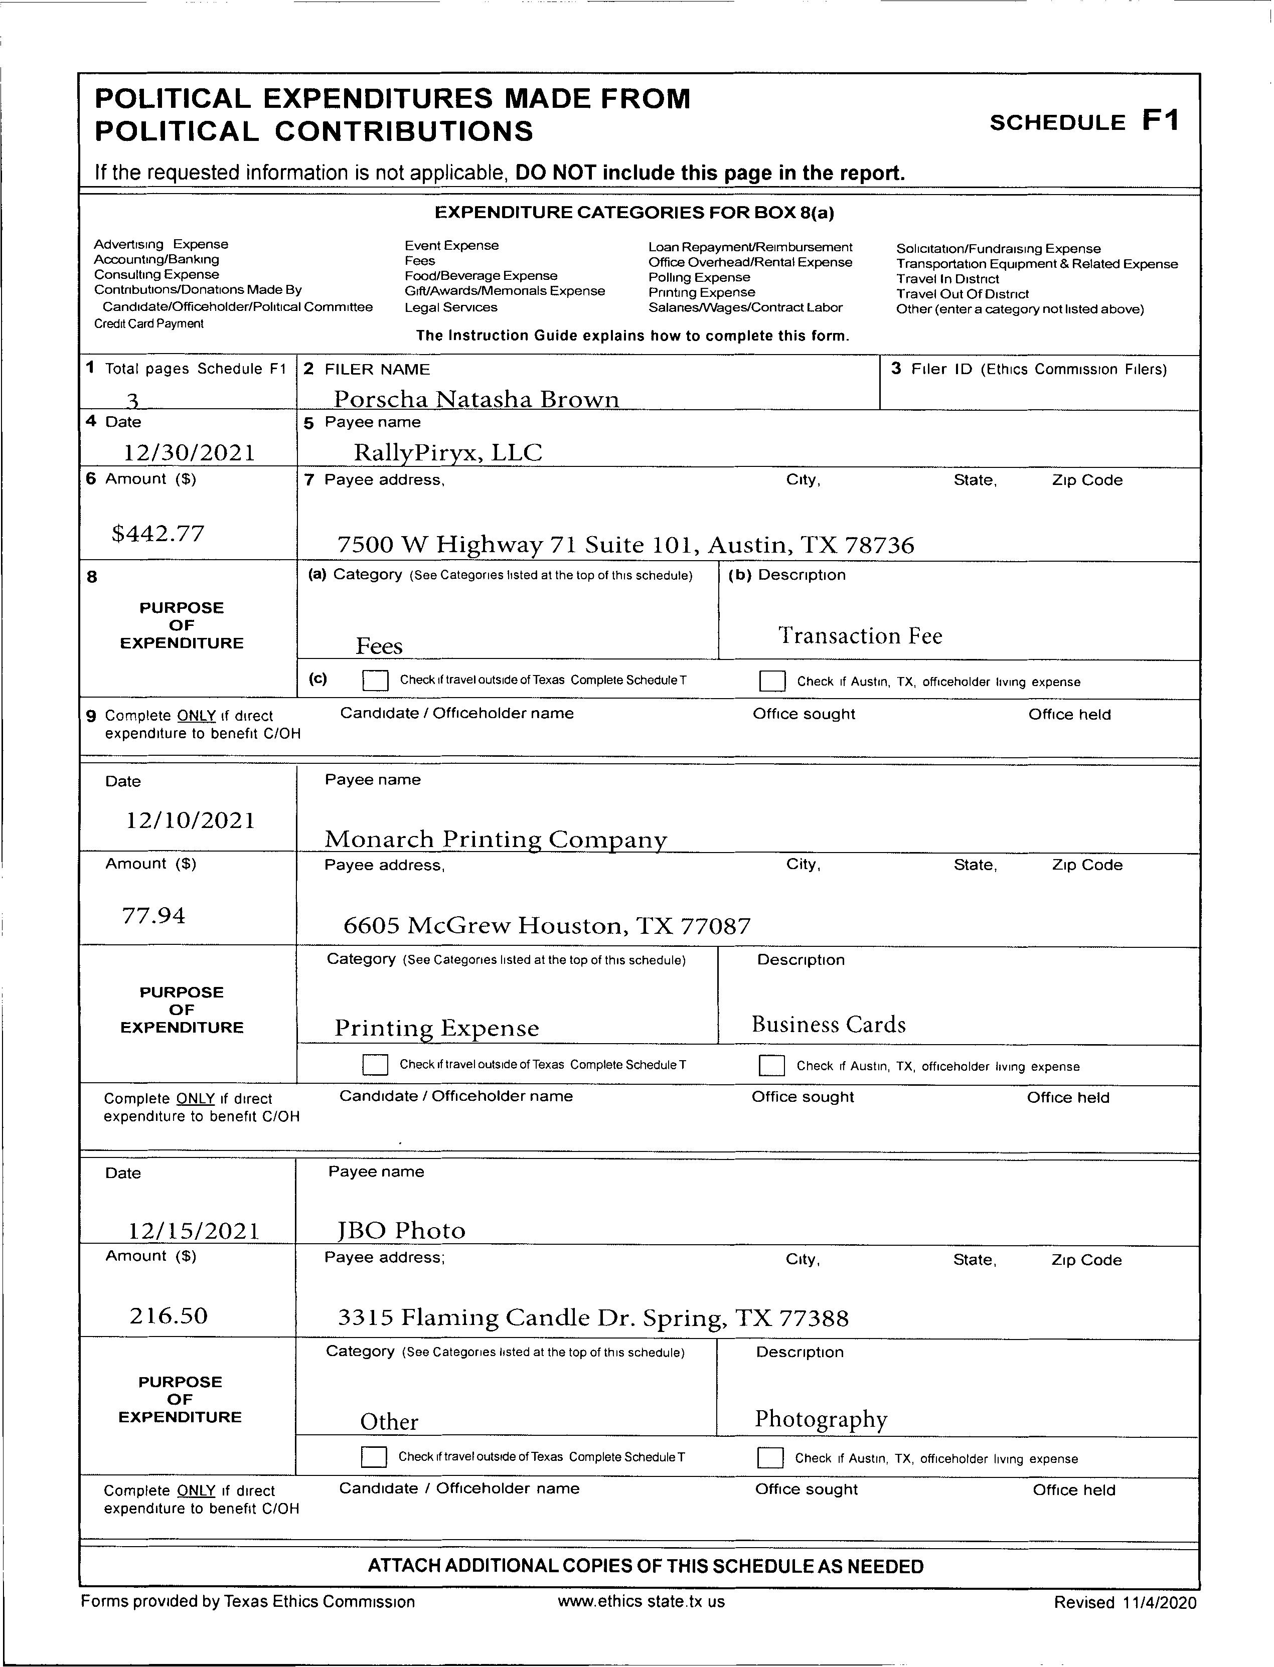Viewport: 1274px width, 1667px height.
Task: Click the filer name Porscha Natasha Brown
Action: pyautogui.click(x=476, y=399)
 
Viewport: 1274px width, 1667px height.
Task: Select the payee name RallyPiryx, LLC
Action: pyautogui.click(x=447, y=452)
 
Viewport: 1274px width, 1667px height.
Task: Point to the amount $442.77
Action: pyautogui.click(x=157, y=534)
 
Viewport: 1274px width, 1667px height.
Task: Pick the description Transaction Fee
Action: pyautogui.click(x=860, y=635)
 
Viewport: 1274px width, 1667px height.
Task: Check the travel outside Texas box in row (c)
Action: pyautogui.click(x=375, y=681)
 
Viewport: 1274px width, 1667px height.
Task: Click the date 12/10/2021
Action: pyautogui.click(x=190, y=820)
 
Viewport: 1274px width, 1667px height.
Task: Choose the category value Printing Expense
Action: pyautogui.click(x=437, y=1028)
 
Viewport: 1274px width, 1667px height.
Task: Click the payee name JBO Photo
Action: pyautogui.click(x=401, y=1230)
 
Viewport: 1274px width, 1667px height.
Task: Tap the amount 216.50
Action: pyautogui.click(x=169, y=1315)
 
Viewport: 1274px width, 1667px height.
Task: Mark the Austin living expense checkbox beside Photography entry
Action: pyautogui.click(x=770, y=1458)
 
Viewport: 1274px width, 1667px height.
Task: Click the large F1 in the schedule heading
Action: pyautogui.click(x=1161, y=120)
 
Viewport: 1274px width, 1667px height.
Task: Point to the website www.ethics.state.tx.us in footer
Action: pyautogui.click(x=641, y=1601)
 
